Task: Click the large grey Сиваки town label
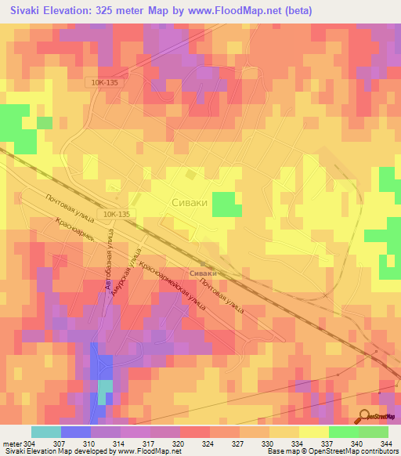coord(189,202)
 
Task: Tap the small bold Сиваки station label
coord(202,272)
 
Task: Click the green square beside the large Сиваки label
coord(226,204)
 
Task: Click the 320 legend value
coord(179,443)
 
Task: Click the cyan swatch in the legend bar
coord(45,432)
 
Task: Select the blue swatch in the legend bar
coord(75,432)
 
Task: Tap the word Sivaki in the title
coord(29,11)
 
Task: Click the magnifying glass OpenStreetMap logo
coord(366,416)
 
